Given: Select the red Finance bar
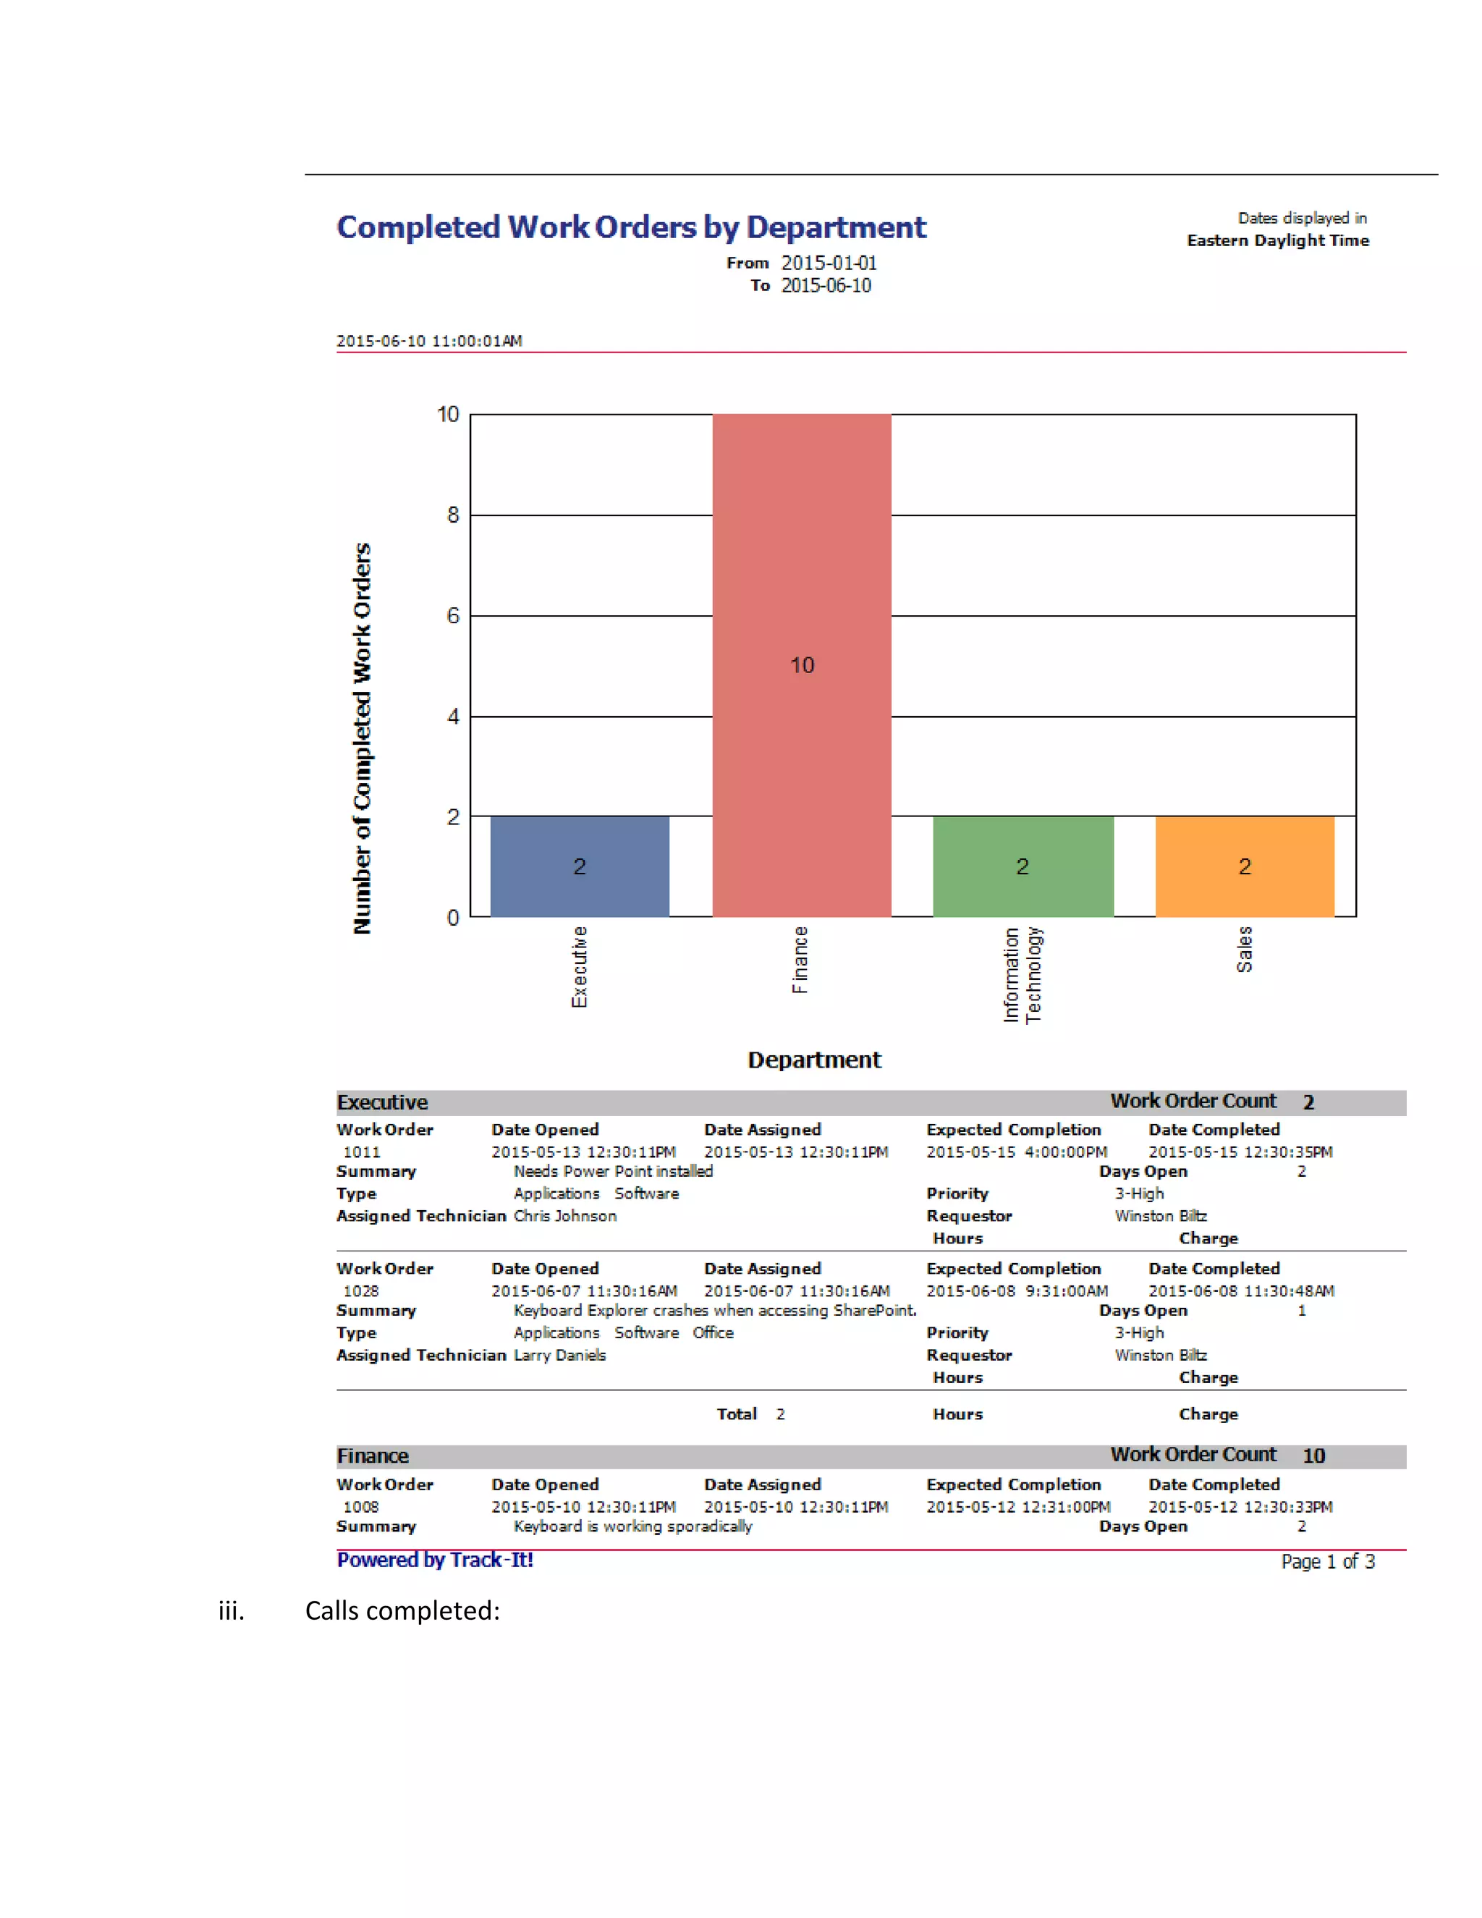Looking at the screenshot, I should pyautogui.click(x=802, y=665).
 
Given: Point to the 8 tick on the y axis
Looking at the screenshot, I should pyautogui.click(x=453, y=515).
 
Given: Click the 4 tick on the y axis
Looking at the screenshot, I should pyautogui.click(x=453, y=717).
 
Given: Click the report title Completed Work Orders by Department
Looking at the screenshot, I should pyautogui.click(x=631, y=227).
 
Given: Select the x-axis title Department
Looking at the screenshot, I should pyautogui.click(x=814, y=1060).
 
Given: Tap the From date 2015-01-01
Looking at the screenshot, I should pyautogui.click(x=829, y=263).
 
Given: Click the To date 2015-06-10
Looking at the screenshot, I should pyautogui.click(x=826, y=285).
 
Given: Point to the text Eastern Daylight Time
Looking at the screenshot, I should pyautogui.click(x=1277, y=240).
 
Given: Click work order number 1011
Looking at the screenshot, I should pyautogui.click(x=362, y=1152).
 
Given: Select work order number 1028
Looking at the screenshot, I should pyautogui.click(x=362, y=1291).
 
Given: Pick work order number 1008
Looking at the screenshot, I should pyautogui.click(x=362, y=1507).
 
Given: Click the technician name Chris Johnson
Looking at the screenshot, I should pyautogui.click(x=565, y=1217).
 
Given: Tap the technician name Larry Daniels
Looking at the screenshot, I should pyautogui.click(x=559, y=1355).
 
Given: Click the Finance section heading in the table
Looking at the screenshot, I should pyautogui.click(x=373, y=1456).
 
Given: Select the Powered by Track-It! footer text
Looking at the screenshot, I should pyautogui.click(x=436, y=1560).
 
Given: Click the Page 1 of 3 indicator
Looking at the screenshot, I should pyautogui.click(x=1327, y=1561).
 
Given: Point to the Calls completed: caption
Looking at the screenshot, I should pyautogui.click(x=402, y=1610).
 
